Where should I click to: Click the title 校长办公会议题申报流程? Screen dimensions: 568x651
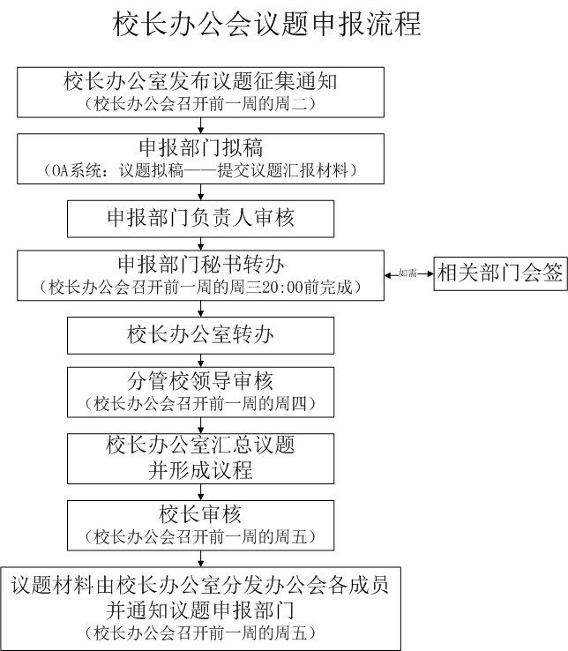(x=267, y=24)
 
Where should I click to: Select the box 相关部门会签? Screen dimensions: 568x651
(x=500, y=273)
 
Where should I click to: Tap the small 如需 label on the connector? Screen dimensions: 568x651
(x=407, y=273)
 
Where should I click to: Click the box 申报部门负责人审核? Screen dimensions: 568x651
(x=200, y=219)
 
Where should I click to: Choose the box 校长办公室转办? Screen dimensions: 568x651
(x=200, y=335)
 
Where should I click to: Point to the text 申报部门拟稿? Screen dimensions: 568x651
(x=200, y=148)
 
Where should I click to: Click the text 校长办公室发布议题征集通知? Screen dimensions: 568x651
(x=200, y=81)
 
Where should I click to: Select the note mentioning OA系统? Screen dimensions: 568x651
(x=200, y=170)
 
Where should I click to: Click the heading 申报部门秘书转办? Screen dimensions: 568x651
(x=200, y=265)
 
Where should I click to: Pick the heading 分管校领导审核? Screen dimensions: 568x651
(x=200, y=381)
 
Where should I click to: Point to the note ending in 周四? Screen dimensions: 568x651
(x=200, y=403)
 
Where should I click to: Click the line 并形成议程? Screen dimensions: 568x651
(x=200, y=471)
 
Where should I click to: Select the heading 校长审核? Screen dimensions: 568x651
(x=200, y=515)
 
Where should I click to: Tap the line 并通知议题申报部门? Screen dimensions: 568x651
(x=200, y=610)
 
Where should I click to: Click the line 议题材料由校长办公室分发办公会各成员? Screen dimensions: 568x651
(x=200, y=586)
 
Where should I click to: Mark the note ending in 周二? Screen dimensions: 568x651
(x=200, y=104)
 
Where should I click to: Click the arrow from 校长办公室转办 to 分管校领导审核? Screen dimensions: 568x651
(x=201, y=361)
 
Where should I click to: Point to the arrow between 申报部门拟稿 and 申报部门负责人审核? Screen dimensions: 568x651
(x=201, y=192)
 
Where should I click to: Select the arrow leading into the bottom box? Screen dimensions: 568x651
(x=201, y=559)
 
